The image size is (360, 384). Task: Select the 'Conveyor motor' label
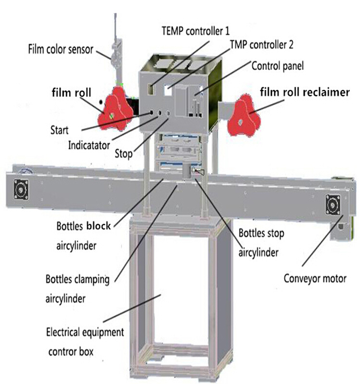314,277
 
